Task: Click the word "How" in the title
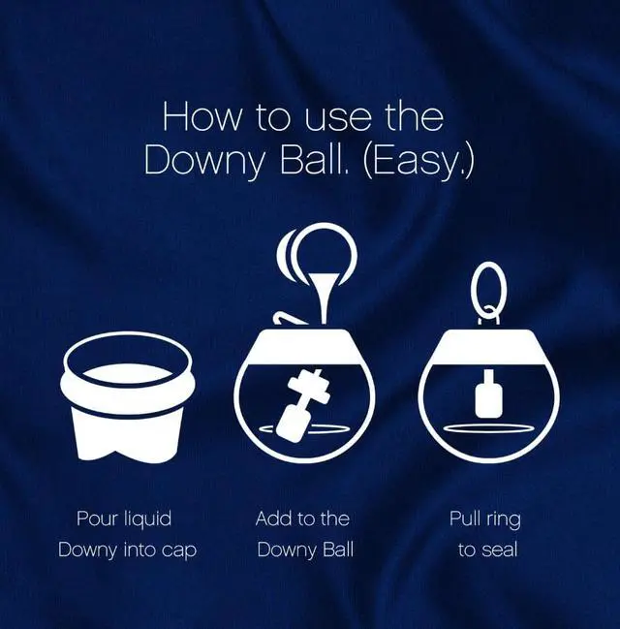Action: tap(202, 116)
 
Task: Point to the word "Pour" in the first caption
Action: tap(96, 518)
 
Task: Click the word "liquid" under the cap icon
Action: tap(147, 519)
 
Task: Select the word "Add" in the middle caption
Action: tap(272, 518)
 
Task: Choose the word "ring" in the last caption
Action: tap(504, 519)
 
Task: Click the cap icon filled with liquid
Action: tap(128, 396)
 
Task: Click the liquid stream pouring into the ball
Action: tap(325, 297)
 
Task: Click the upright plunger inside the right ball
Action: tap(488, 394)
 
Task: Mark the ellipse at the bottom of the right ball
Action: tap(488, 428)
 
